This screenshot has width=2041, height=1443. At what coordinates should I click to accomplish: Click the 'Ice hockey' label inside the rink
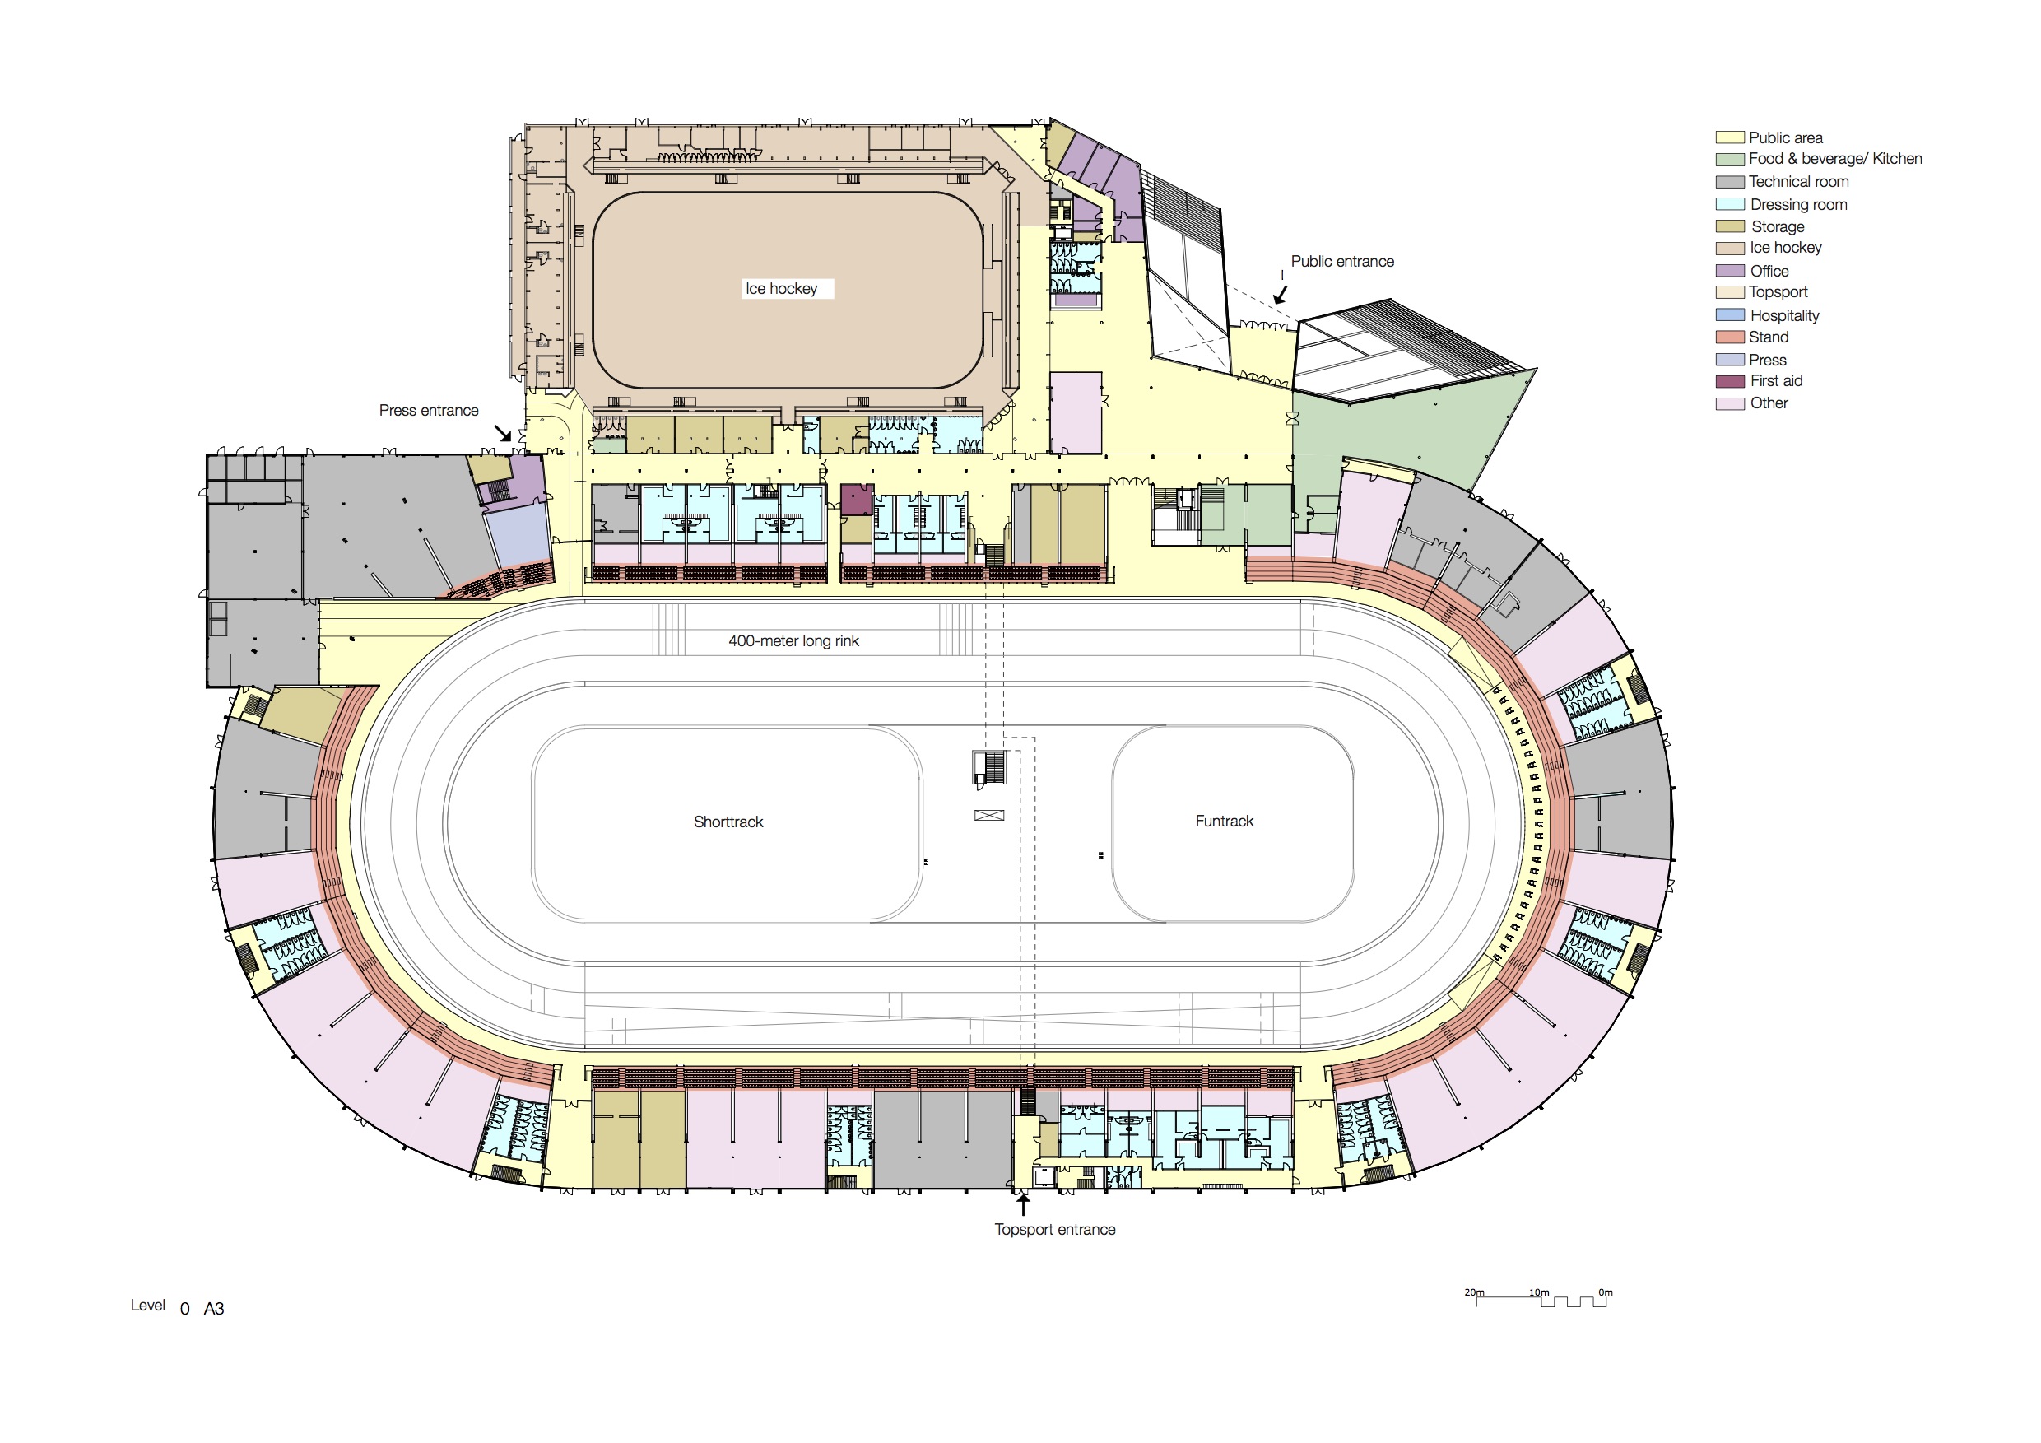[x=781, y=289]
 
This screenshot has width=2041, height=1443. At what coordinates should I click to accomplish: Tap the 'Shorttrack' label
[x=728, y=822]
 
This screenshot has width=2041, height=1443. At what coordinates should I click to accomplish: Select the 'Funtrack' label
[x=1224, y=822]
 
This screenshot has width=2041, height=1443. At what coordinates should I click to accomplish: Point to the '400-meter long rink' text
[x=794, y=641]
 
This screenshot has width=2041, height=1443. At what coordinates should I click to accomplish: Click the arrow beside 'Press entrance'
[x=503, y=433]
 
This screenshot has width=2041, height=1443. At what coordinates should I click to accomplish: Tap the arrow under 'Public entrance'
[x=1280, y=295]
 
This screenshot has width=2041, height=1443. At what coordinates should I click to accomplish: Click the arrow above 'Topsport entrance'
[x=1023, y=1206]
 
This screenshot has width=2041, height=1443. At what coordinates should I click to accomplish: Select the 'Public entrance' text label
[x=1342, y=262]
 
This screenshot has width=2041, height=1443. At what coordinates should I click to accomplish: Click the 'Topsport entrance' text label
[x=1054, y=1230]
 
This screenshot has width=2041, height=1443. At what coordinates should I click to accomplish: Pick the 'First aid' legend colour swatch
[x=1730, y=381]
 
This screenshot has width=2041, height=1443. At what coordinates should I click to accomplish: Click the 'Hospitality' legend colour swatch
[x=1730, y=314]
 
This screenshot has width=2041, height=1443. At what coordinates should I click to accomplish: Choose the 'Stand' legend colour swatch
[x=1730, y=337]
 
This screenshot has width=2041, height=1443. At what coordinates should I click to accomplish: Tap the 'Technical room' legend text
[x=1798, y=181]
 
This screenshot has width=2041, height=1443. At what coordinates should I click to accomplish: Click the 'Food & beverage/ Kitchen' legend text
[x=1834, y=159]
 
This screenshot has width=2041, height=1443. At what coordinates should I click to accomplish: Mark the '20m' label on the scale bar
[x=1474, y=1292]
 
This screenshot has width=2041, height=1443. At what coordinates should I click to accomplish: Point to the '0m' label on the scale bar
[x=1606, y=1292]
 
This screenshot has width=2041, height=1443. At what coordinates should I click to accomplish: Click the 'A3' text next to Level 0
[x=214, y=1309]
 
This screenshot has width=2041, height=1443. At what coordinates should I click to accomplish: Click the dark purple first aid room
[x=857, y=500]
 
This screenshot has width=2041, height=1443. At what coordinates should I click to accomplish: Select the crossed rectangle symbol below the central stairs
[x=989, y=815]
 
